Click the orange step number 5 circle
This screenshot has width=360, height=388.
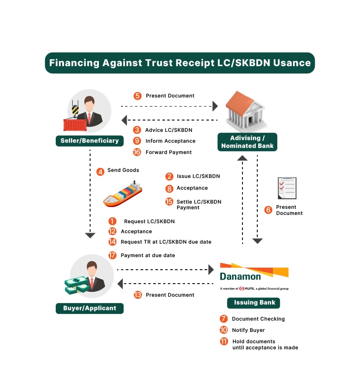point(138,96)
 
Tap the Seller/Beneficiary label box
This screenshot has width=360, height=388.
point(90,141)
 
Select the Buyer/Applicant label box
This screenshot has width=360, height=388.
point(90,308)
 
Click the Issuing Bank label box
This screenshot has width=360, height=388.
point(253,303)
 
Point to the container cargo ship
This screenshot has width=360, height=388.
point(123,194)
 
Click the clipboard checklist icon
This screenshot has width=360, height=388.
point(287,188)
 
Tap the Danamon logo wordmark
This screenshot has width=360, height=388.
point(240,277)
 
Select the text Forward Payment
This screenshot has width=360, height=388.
point(168,152)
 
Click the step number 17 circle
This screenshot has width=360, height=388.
point(112,255)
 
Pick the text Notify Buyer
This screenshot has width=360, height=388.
point(248,330)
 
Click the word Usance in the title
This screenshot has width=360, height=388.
point(292,63)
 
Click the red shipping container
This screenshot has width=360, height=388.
point(75,125)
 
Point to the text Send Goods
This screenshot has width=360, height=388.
point(123,170)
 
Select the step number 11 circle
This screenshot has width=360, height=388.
point(224,341)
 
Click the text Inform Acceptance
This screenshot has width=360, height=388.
point(171,141)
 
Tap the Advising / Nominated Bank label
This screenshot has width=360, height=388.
point(247,142)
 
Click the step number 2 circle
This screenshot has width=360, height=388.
point(169,177)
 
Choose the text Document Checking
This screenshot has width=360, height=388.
point(258,319)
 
